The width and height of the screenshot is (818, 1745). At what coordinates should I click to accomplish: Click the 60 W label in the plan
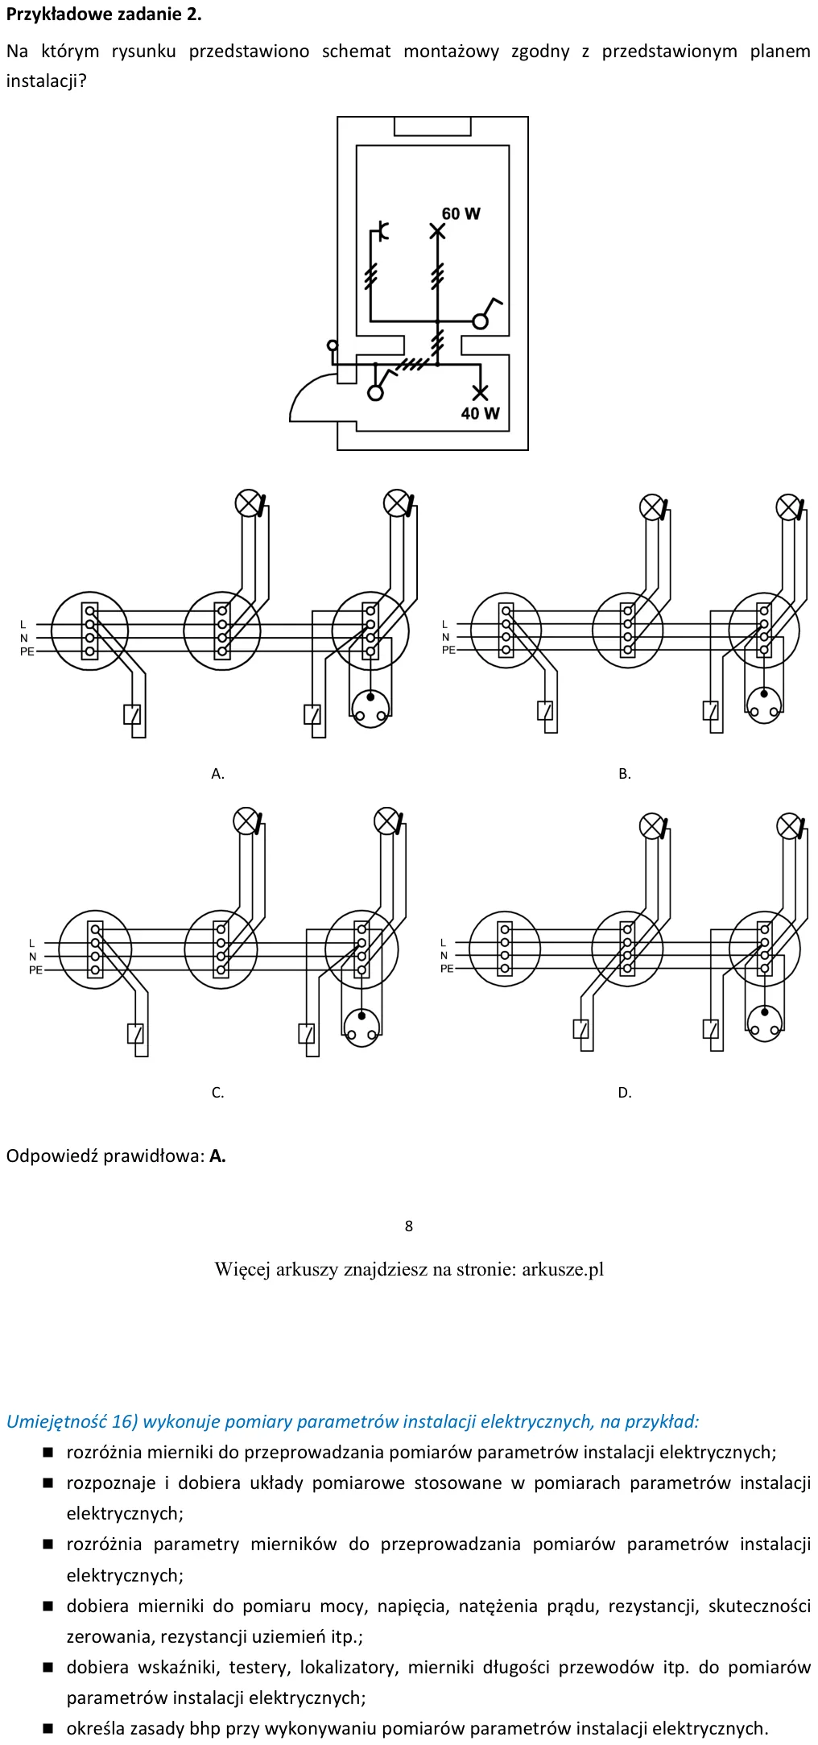pyautogui.click(x=461, y=213)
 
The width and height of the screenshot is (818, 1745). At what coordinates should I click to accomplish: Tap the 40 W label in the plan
pyautogui.click(x=480, y=413)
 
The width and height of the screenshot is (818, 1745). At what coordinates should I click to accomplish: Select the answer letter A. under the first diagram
pyautogui.click(x=217, y=774)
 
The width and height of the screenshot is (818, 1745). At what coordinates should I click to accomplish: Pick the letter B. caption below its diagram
pyautogui.click(x=625, y=774)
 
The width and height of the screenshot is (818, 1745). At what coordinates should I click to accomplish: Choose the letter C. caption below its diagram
pyautogui.click(x=217, y=1093)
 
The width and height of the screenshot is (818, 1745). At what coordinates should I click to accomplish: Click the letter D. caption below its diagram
pyautogui.click(x=625, y=1093)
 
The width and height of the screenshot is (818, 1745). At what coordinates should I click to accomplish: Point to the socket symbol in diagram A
pyautogui.click(x=370, y=708)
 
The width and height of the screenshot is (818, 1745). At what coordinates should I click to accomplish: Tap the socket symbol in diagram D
pyautogui.click(x=764, y=1023)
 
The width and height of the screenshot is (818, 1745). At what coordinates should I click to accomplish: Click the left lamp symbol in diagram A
pyautogui.click(x=248, y=503)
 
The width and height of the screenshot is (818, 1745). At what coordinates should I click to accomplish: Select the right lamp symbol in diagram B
pyautogui.click(x=788, y=507)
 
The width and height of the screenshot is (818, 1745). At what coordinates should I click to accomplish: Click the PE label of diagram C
pyautogui.click(x=35, y=970)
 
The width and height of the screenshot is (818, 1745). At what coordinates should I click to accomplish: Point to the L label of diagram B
pyautogui.click(x=444, y=624)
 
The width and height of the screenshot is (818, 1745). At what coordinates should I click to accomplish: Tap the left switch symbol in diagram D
pyautogui.click(x=581, y=1029)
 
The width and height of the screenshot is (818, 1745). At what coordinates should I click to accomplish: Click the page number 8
pyautogui.click(x=409, y=1226)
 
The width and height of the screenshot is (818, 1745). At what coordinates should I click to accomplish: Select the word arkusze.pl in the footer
pyautogui.click(x=563, y=1270)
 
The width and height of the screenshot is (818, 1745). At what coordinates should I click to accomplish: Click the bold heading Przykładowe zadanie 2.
pyautogui.click(x=104, y=14)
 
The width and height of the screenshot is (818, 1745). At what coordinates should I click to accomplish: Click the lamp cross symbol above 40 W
pyautogui.click(x=480, y=393)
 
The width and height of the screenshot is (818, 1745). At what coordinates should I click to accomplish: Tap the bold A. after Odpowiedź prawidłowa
pyautogui.click(x=217, y=1156)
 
